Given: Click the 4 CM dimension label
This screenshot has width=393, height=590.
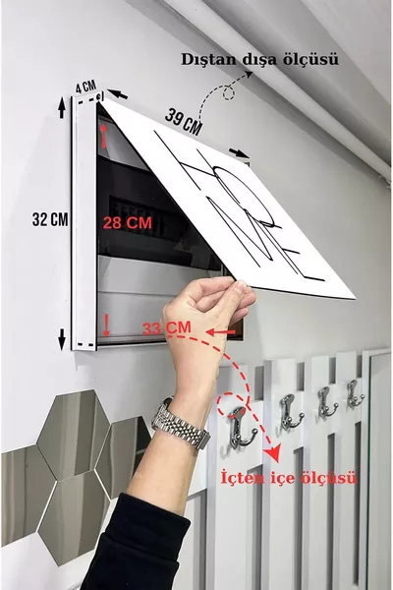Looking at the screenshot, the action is (x=85, y=87).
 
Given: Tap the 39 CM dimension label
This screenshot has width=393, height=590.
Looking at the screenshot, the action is (x=183, y=121).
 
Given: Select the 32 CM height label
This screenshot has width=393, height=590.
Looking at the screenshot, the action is (x=50, y=219).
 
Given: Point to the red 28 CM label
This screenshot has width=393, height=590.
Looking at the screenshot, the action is (x=128, y=223).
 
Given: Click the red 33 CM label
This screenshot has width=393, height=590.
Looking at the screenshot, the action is (x=167, y=327).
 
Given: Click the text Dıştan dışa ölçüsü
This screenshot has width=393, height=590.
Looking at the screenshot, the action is (x=259, y=59).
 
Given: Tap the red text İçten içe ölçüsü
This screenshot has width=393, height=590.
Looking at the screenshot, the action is (x=288, y=478).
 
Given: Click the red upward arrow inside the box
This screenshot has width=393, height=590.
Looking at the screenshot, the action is (x=104, y=136).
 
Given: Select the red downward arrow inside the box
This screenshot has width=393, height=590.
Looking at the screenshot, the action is (x=106, y=325).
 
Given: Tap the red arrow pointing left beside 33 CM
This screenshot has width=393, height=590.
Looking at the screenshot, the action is (x=220, y=332).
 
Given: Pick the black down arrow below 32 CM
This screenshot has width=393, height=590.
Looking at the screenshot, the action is (x=62, y=339).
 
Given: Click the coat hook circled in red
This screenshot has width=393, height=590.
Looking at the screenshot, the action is (x=242, y=428).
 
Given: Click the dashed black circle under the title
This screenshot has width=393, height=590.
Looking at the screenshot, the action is (x=228, y=93).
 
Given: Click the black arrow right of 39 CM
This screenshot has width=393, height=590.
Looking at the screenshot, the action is (x=239, y=152).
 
